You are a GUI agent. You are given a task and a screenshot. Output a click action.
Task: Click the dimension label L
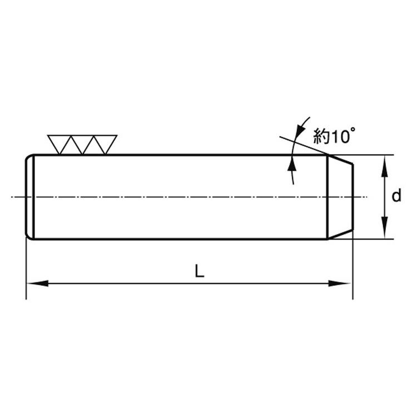point(200,271)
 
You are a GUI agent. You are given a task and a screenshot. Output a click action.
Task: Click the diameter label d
point(396,196)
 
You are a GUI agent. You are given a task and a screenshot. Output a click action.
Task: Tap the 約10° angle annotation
point(334,136)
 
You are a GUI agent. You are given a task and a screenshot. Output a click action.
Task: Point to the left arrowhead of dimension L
point(38,283)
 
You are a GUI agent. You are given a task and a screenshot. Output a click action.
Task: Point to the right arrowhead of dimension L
point(339,283)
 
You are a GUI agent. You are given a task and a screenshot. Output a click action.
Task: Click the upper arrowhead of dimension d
point(384,166)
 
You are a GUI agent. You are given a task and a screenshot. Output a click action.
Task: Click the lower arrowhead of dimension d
point(384,227)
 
